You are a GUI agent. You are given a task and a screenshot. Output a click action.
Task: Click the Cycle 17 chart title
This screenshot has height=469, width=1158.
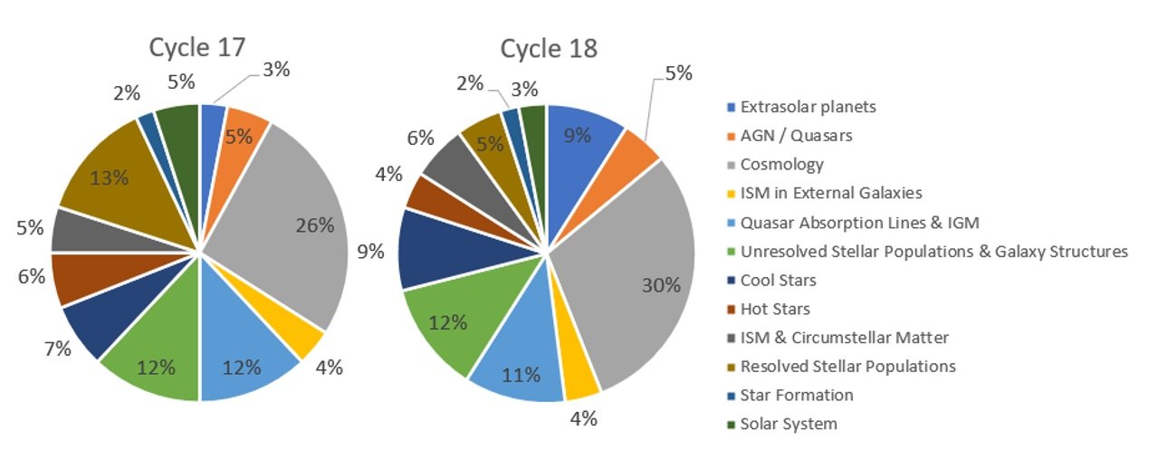198,47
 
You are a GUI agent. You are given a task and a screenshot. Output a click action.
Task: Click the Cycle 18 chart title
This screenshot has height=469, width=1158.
549,47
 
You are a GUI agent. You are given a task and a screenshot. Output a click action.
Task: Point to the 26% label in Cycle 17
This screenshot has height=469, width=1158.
314,225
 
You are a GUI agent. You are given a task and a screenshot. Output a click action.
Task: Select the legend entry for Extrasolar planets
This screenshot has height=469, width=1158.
808,107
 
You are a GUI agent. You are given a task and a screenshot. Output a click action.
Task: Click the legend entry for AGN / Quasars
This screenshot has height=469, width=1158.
796,136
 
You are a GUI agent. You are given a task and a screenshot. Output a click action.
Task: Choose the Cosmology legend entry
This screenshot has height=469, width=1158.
781,165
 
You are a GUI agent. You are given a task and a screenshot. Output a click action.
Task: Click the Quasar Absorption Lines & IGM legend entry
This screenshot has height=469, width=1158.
859,222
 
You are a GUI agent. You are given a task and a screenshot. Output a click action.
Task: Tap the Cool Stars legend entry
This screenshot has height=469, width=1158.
778,280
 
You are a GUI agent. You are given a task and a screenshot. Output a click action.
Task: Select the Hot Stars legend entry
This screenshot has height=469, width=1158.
774,309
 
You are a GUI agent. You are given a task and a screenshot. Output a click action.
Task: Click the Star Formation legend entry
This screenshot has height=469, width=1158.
796,395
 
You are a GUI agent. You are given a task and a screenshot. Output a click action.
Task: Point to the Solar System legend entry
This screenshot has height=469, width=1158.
788,424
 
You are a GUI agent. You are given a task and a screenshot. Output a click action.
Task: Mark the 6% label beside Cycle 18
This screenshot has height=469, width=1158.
420,139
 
